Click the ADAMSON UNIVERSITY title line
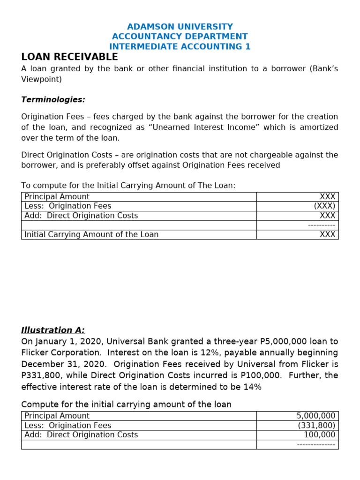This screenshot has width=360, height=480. pos(180,27)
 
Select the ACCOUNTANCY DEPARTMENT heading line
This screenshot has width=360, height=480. pos(180,37)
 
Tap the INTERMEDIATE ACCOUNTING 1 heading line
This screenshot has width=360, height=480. pos(180,46)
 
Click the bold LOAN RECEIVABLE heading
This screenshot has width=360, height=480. pos(69,57)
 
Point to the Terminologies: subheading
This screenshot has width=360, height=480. pos(53,100)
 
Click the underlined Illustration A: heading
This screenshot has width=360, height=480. pos(53,330)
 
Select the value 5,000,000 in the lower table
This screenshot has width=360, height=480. pos(316,416)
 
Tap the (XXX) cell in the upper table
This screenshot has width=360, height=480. pos(324,206)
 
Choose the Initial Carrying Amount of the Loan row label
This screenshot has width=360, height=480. pos(91,234)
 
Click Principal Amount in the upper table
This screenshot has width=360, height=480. pos(57,197)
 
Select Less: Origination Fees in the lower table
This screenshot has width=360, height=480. pos(68,425)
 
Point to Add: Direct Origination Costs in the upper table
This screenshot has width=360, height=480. pos(81,216)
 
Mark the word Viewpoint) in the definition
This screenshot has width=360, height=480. pos(41,79)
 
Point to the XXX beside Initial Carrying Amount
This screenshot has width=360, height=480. pos(327,234)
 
